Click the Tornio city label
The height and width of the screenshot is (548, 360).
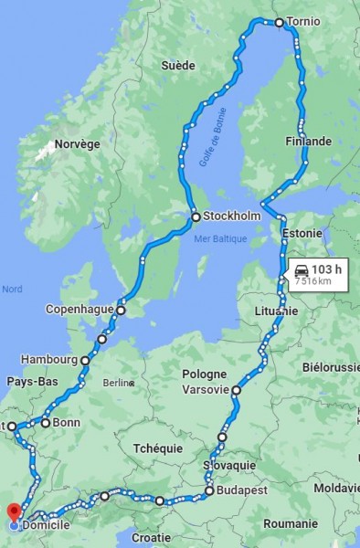pyautogui.click(x=303, y=22)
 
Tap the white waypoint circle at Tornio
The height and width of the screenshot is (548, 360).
pyautogui.click(x=279, y=22)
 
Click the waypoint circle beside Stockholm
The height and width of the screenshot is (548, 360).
pyautogui.click(x=196, y=217)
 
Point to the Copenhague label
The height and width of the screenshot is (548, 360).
pyautogui.click(x=79, y=310)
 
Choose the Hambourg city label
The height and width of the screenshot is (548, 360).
pyautogui.click(x=48, y=360)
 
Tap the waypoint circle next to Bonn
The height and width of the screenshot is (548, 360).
pyautogui.click(x=45, y=423)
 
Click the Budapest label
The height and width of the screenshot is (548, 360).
pyautogui.click(x=243, y=491)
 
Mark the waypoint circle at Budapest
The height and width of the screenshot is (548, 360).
pyautogui.click(x=210, y=491)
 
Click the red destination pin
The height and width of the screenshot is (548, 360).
pyautogui.click(x=14, y=512)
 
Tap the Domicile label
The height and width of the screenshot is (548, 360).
pyautogui.click(x=46, y=527)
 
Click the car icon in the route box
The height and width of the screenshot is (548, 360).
pyautogui.click(x=302, y=269)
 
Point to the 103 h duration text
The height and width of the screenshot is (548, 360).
pyautogui.click(x=326, y=269)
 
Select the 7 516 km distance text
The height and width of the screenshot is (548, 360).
pyautogui.click(x=312, y=282)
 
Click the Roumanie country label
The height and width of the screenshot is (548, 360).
pyautogui.click(x=291, y=524)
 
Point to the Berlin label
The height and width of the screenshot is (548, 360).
pyautogui.click(x=119, y=383)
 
